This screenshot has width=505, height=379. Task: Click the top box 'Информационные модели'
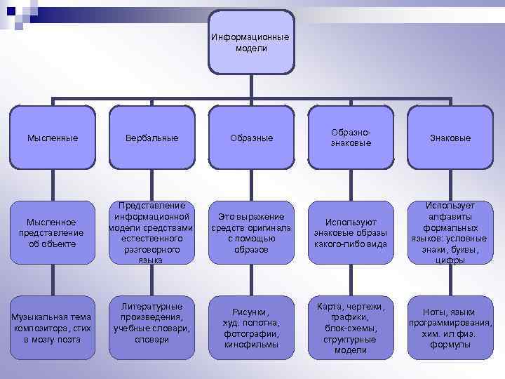pyautogui.click(x=250, y=42)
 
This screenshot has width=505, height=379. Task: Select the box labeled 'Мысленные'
pyautogui.click(x=53, y=138)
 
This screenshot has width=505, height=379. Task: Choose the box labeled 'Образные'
pyautogui.click(x=250, y=138)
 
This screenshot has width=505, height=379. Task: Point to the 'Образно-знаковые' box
pyautogui.click(x=351, y=138)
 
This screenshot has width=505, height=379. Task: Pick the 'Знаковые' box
pyautogui.click(x=450, y=138)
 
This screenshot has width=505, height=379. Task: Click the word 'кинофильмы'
pyautogui.click(x=250, y=345)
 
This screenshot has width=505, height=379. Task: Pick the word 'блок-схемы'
pyautogui.click(x=351, y=328)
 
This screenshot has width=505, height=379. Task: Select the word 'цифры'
pyautogui.click(x=450, y=260)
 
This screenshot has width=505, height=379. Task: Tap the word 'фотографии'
pyautogui.click(x=250, y=333)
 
